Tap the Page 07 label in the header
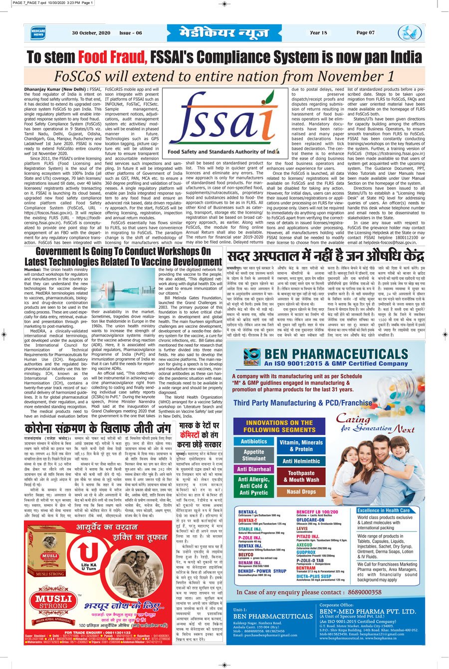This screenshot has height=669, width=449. click(x=366, y=33)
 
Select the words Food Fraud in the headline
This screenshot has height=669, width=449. click(x=113, y=56)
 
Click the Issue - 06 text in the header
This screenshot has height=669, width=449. click(x=130, y=33)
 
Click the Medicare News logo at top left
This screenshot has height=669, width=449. click(x=38, y=33)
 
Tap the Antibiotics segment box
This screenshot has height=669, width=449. click(x=254, y=442)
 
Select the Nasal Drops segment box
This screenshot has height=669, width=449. click(x=301, y=492)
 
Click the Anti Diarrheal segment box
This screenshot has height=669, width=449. click(x=254, y=470)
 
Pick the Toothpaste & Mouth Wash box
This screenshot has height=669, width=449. click(x=301, y=476)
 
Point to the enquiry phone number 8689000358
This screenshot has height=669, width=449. click(x=358, y=592)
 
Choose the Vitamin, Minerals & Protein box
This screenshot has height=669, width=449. click(x=301, y=446)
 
